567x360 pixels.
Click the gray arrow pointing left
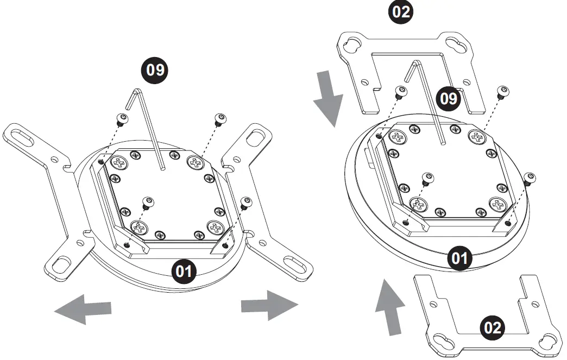pos(83,309)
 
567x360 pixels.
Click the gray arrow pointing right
pos(270,305)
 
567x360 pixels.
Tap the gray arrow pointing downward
pos(328,98)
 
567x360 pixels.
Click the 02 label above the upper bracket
pos(401,11)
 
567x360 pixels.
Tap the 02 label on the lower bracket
pos(492,327)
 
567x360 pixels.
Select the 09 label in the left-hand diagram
pos(155,70)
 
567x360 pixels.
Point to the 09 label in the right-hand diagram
pos(449,98)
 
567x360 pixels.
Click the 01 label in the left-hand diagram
pos(184,271)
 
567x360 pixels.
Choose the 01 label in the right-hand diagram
pos(459,258)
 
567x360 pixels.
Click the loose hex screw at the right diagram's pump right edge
pos(529,179)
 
